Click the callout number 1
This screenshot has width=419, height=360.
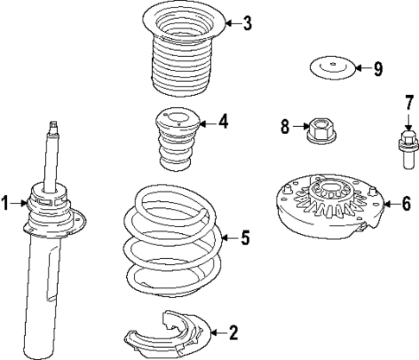6,204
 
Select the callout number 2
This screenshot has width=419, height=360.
232,331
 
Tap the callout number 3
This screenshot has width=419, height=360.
247,23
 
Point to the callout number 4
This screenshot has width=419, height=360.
223,122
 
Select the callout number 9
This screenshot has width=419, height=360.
378,67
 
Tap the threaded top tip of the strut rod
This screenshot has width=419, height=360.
54,129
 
